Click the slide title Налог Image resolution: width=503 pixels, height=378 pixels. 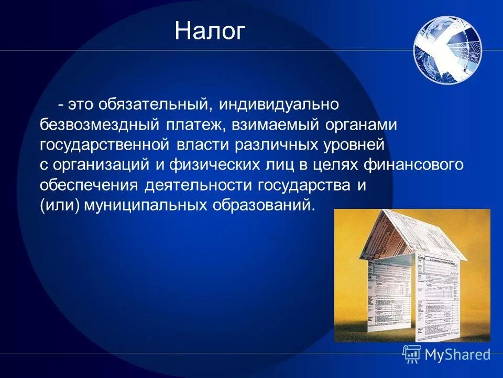tap(210, 31)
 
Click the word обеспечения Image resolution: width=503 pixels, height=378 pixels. tap(89, 185)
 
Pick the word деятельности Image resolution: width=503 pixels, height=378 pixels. tap(197, 185)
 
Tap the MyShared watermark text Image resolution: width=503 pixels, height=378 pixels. tap(457, 354)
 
